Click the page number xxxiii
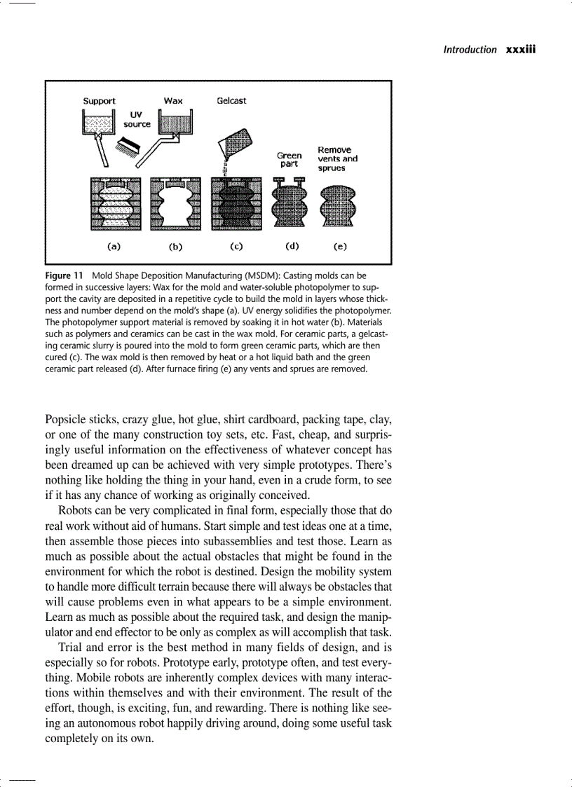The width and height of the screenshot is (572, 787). pyautogui.click(x=520, y=49)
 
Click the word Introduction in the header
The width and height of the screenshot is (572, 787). pyautogui.click(x=470, y=49)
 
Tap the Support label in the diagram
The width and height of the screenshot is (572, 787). pyautogui.click(x=99, y=101)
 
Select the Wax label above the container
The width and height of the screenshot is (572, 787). pyautogui.click(x=173, y=101)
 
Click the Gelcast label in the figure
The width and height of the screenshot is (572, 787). pyautogui.click(x=231, y=101)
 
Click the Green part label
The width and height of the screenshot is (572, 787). pyautogui.click(x=289, y=160)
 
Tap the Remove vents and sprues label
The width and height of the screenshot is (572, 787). pyautogui.click(x=337, y=159)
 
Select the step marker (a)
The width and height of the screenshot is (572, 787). pyautogui.click(x=113, y=247)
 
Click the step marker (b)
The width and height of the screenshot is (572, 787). pyautogui.click(x=175, y=247)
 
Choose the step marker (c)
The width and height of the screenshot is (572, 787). pyautogui.click(x=236, y=247)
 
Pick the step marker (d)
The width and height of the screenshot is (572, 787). pyautogui.click(x=292, y=247)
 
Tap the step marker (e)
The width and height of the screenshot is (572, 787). pyautogui.click(x=339, y=247)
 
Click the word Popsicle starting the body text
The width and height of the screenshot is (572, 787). pyautogui.click(x=67, y=420)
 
